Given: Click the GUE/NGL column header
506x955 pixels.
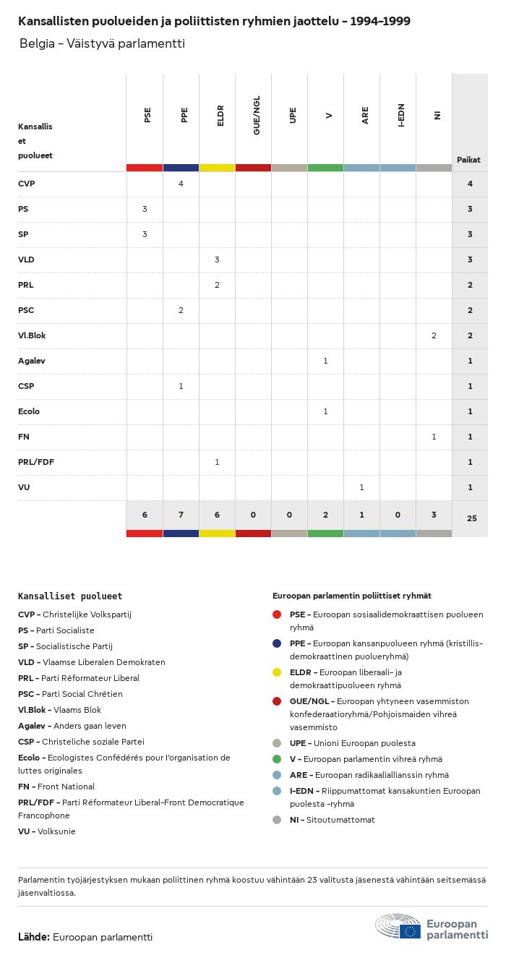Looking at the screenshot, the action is click(256, 115).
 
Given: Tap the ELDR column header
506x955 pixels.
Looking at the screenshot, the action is click(220, 116).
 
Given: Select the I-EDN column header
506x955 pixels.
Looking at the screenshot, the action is click(400, 116).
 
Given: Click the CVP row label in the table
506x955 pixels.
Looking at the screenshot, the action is click(27, 184).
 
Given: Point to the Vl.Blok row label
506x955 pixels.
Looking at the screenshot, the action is click(32, 335).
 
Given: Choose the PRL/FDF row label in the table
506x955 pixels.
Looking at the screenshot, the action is click(36, 462).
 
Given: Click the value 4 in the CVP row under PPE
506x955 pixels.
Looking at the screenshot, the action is click(181, 184).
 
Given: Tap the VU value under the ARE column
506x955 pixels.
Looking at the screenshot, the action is click(361, 487).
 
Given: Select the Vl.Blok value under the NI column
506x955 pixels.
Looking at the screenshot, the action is click(434, 335).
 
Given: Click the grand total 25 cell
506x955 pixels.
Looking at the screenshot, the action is click(471, 518).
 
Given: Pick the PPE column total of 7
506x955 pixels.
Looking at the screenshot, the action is click(181, 515).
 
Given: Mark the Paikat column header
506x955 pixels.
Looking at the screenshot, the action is click(468, 160).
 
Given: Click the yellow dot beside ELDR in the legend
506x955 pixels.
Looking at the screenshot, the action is click(277, 672).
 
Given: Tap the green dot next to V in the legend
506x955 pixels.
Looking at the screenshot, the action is click(277, 759).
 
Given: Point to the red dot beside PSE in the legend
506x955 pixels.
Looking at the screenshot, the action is click(277, 614).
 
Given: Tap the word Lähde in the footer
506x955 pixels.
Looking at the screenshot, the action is click(34, 937).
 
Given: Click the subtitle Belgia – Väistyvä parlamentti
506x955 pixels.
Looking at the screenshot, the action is click(103, 43).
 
